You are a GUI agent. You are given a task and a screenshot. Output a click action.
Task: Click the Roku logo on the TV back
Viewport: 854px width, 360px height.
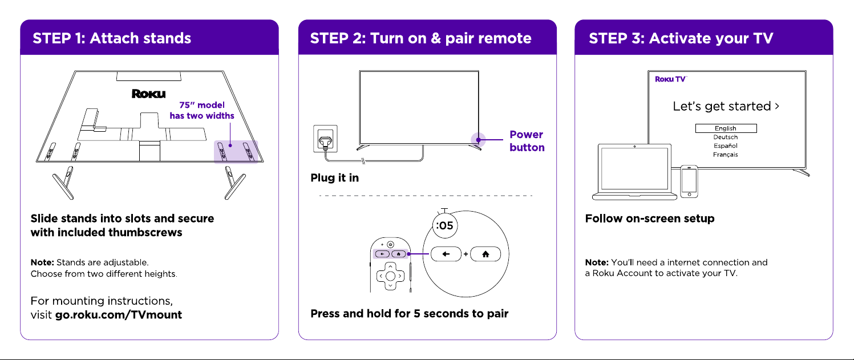149,94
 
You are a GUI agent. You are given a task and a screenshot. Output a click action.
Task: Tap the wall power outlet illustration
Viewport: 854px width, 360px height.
325,139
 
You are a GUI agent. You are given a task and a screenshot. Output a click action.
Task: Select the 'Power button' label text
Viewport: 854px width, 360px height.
527,141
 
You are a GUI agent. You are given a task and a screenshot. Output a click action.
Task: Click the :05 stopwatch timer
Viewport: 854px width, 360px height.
444,225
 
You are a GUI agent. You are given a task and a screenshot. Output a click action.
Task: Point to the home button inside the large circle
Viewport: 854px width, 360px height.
485,254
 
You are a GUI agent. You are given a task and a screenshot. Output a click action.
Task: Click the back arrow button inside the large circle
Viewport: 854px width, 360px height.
446,254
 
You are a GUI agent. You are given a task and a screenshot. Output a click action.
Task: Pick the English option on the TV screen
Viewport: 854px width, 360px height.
726,128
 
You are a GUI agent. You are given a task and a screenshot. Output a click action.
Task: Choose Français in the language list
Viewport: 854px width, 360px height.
726,155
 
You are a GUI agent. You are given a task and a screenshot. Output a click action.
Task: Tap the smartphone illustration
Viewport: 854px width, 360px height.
689,181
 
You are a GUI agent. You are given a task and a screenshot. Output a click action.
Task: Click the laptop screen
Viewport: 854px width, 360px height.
634,169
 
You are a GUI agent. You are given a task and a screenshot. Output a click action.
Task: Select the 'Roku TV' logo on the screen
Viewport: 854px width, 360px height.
671,79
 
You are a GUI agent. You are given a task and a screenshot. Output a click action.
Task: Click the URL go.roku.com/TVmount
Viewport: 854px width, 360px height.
119,315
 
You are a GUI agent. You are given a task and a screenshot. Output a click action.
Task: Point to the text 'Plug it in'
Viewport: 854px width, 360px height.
334,177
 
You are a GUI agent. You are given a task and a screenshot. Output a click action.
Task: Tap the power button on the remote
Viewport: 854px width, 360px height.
390,244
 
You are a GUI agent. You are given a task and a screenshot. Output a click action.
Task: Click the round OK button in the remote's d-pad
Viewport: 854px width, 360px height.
390,276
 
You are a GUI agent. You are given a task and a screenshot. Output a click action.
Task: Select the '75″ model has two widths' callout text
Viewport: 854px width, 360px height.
202,110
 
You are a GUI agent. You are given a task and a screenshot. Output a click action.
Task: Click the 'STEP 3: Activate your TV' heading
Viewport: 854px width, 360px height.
681,38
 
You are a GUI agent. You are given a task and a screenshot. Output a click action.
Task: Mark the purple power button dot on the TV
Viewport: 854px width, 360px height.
479,140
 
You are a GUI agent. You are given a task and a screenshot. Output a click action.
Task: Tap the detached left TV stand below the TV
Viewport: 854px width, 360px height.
64,183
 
